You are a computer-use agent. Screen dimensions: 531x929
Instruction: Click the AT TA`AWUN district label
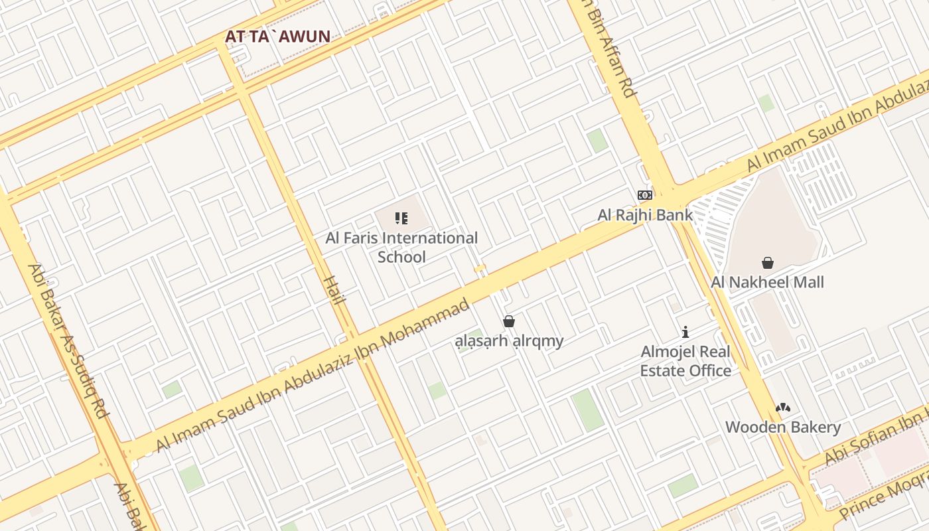coord(277,37)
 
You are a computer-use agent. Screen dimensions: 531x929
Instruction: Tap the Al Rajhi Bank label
coord(645,214)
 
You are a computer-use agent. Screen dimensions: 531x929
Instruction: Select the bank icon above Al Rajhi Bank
coord(645,195)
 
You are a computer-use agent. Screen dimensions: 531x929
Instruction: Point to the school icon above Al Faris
coord(401,218)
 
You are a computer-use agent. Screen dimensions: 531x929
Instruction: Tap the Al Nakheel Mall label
coord(767,282)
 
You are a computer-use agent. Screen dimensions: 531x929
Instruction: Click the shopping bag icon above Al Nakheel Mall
coord(768,263)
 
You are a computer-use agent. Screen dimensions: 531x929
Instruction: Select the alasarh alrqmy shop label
coord(509,341)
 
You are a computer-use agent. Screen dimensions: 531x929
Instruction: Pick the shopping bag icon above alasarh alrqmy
coord(509,321)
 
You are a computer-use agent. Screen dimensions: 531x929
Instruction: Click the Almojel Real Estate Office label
coord(685,361)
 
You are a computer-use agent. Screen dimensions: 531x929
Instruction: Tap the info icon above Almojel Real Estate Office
coord(685,331)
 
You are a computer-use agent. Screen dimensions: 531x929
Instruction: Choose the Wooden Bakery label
coord(783,427)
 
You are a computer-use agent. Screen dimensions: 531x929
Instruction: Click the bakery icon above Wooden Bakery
coord(783,408)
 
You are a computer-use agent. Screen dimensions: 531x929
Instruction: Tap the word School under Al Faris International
coord(401,257)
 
